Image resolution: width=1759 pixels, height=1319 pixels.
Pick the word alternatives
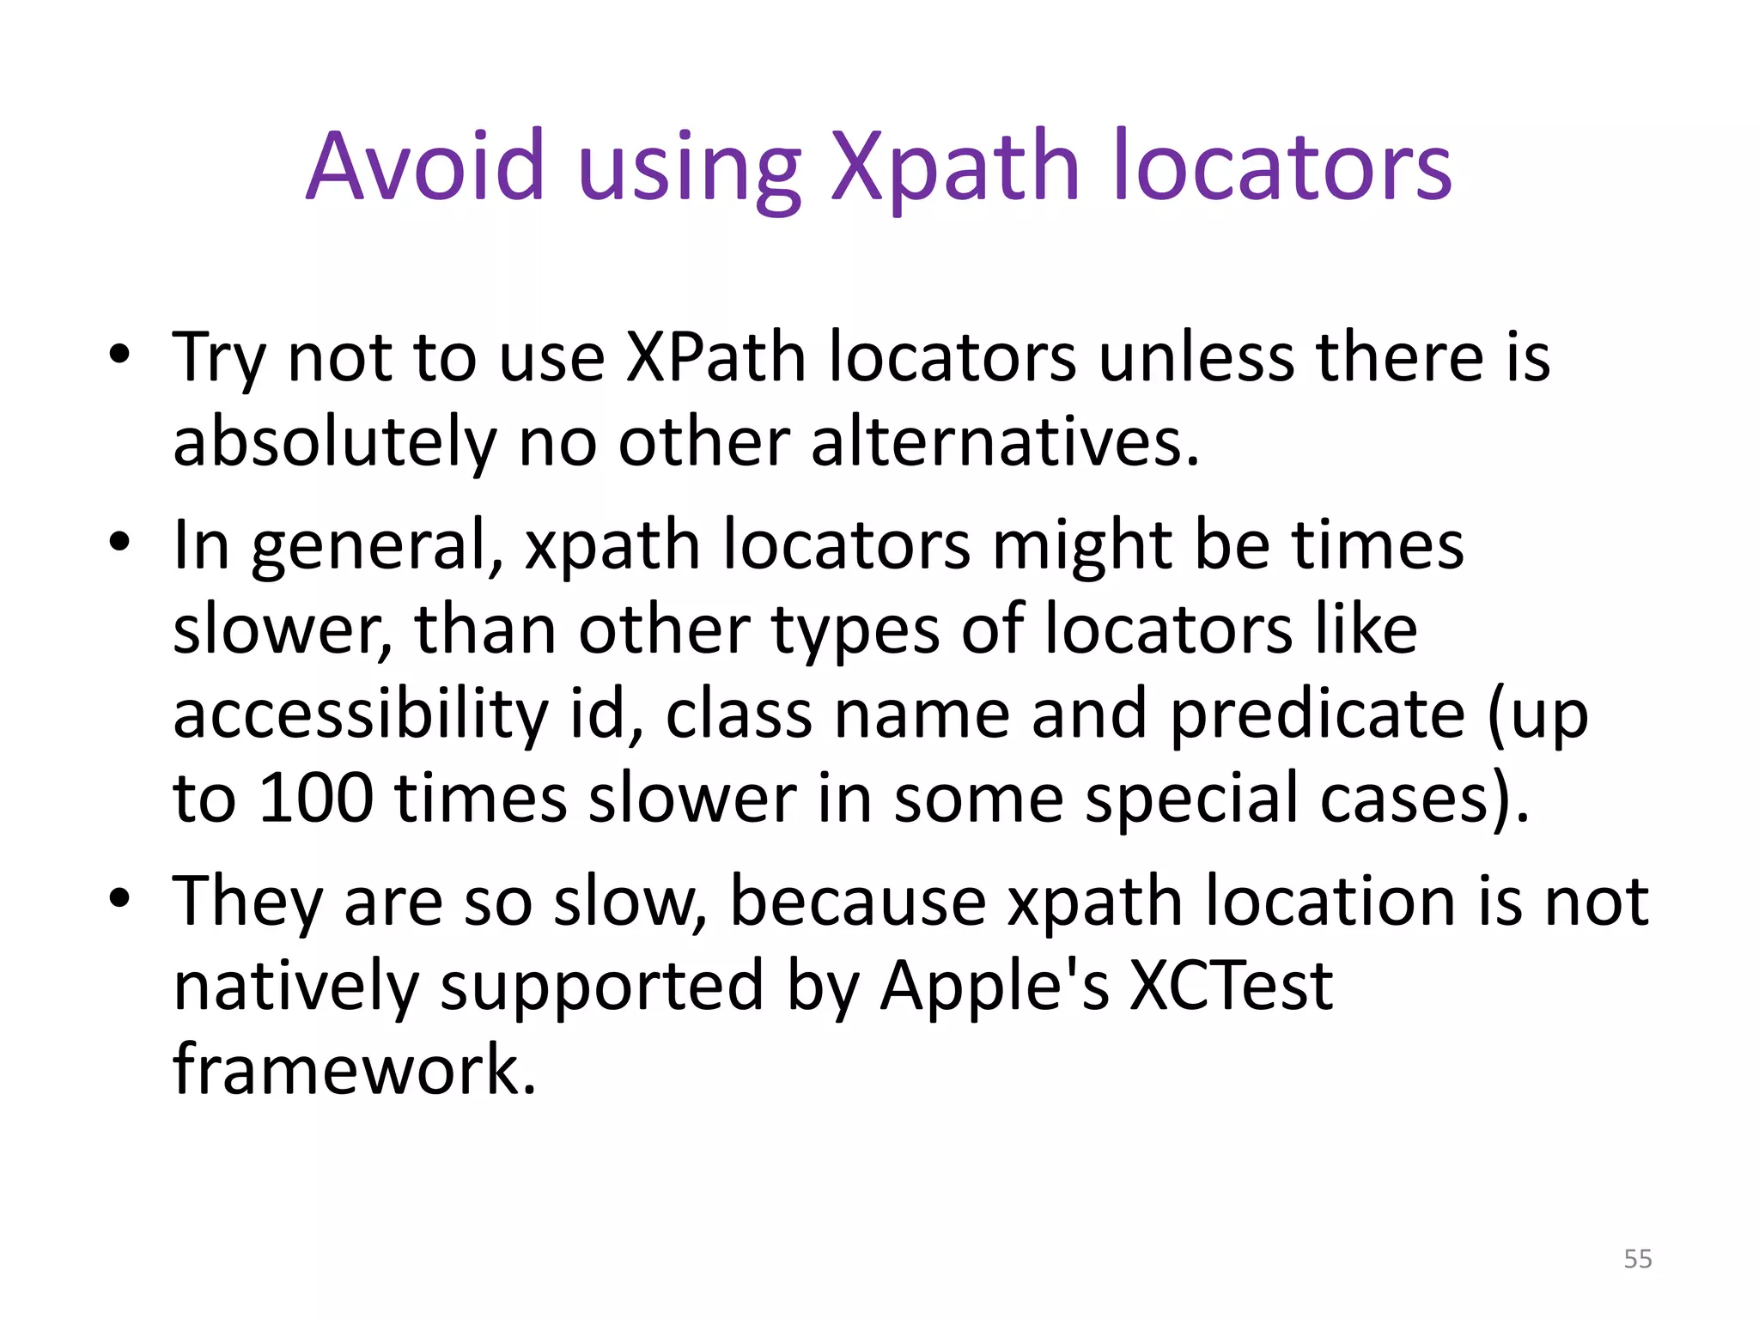point(1004,441)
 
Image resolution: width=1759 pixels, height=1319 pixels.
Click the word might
point(1082,546)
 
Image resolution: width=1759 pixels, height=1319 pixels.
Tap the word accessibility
point(360,715)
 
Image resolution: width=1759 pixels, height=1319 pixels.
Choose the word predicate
point(1318,715)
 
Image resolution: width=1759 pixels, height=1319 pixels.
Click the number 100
point(316,799)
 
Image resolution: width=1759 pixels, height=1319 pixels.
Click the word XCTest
point(1230,985)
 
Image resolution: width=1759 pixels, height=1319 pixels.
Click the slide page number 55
point(1637,1259)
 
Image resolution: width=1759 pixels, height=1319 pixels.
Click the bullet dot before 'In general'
point(119,542)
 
